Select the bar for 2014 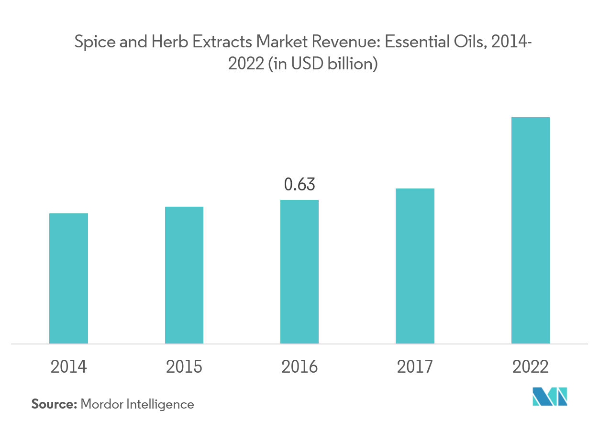pyautogui.click(x=68, y=278)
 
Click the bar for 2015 pyautogui.click(x=184, y=275)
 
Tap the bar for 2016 pyautogui.click(x=299, y=272)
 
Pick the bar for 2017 pyautogui.click(x=415, y=266)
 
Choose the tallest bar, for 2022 pyautogui.click(x=530, y=230)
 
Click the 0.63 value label pyautogui.click(x=299, y=184)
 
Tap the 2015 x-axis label pyautogui.click(x=184, y=367)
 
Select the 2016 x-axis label pyautogui.click(x=299, y=367)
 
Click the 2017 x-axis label pyautogui.click(x=415, y=367)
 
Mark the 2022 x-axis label pyautogui.click(x=530, y=367)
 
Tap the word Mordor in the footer pyautogui.click(x=101, y=404)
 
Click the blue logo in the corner pyautogui.click(x=550, y=397)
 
